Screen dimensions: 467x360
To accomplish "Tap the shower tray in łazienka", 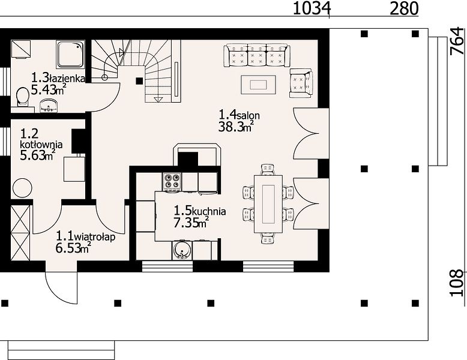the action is (70, 55).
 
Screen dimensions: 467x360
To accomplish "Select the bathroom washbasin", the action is (49, 106).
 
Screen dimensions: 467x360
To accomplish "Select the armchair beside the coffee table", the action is (301, 83).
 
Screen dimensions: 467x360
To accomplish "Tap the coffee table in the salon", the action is (258, 85).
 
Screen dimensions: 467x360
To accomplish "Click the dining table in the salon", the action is (268, 204).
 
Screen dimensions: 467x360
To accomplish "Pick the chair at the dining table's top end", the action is (268, 169).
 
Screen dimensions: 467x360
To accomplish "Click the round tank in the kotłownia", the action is (22, 188).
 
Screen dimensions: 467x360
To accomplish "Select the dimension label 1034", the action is (312, 8).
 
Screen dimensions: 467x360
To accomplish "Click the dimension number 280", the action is (404, 8).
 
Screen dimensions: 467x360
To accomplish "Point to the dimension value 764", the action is (457, 41).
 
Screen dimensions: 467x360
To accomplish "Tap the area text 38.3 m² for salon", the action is (236, 127).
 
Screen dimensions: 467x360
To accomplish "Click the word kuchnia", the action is (209, 212).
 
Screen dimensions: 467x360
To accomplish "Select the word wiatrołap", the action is (94, 238).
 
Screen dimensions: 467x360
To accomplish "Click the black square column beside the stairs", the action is (139, 80).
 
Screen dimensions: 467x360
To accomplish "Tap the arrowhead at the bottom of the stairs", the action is (158, 100).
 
